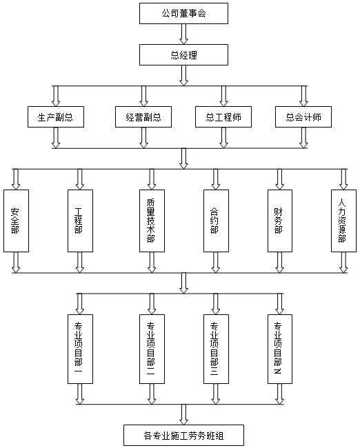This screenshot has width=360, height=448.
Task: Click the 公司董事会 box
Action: pyautogui.click(x=183, y=13)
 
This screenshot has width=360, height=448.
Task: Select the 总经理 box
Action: pyautogui.click(x=183, y=55)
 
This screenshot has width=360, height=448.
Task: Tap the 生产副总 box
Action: pyautogui.click(x=56, y=117)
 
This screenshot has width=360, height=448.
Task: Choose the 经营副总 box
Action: pyautogui.click(x=143, y=117)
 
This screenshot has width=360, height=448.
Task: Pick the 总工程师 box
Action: pyautogui.click(x=223, y=117)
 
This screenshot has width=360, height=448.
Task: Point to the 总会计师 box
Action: pyautogui.click(x=303, y=117)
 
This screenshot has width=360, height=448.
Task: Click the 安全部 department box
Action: pyautogui.click(x=16, y=221)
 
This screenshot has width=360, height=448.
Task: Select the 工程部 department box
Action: pyautogui.click(x=80, y=221)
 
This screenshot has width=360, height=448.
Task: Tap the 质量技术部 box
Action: pyautogui.click(x=152, y=221)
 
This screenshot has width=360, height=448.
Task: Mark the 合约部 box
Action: pyautogui.click(x=216, y=221)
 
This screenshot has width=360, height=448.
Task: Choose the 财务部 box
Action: pyautogui.click(x=280, y=221)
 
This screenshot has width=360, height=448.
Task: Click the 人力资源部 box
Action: pyautogui.click(x=343, y=221)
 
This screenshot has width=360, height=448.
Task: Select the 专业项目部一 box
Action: pyautogui.click(x=80, y=349)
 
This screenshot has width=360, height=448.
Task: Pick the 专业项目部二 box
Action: pyautogui.click(x=152, y=349)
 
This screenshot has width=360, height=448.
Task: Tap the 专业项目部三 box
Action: pyautogui.click(x=216, y=349)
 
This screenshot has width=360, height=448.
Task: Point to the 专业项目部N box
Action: pyautogui.click(x=280, y=349)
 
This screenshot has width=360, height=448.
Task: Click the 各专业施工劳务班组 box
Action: pyautogui.click(x=183, y=436)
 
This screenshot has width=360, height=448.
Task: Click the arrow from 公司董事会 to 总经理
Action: pyautogui.click(x=183, y=34)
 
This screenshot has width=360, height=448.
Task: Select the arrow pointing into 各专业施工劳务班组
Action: pyautogui.click(x=183, y=414)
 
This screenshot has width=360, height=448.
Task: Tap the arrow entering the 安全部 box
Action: pyautogui.click(x=16, y=179)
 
